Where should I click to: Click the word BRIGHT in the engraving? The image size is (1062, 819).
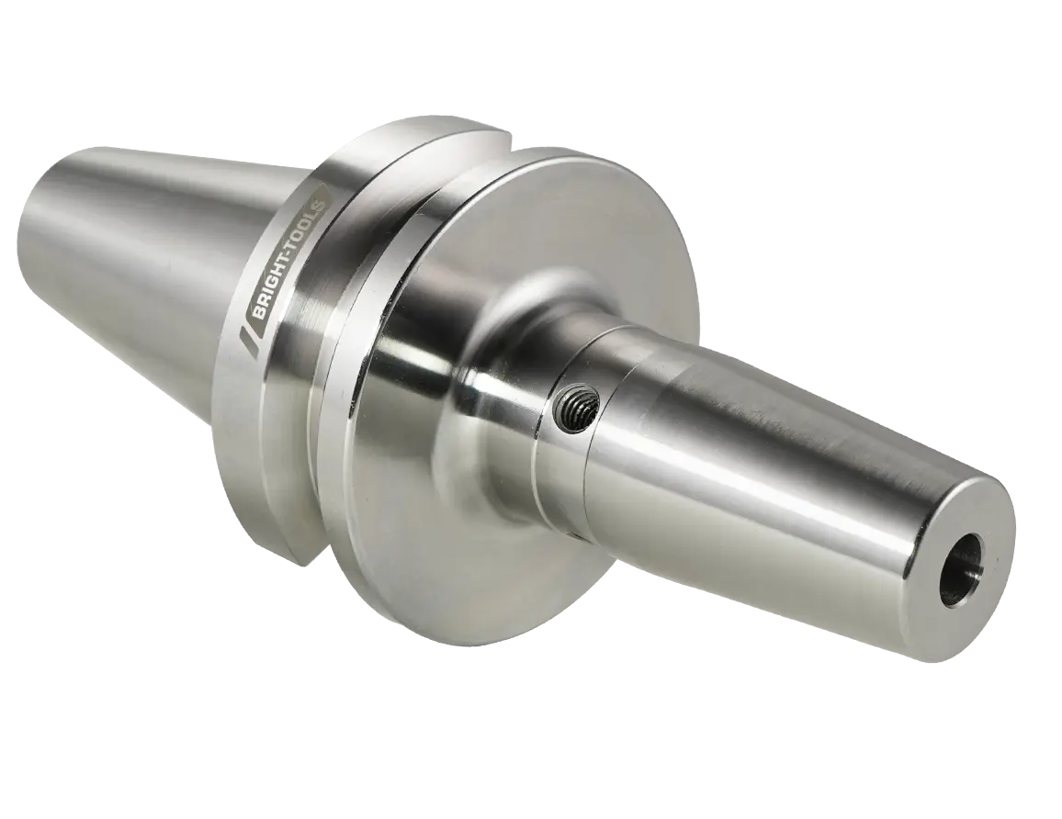pos(278,277)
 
